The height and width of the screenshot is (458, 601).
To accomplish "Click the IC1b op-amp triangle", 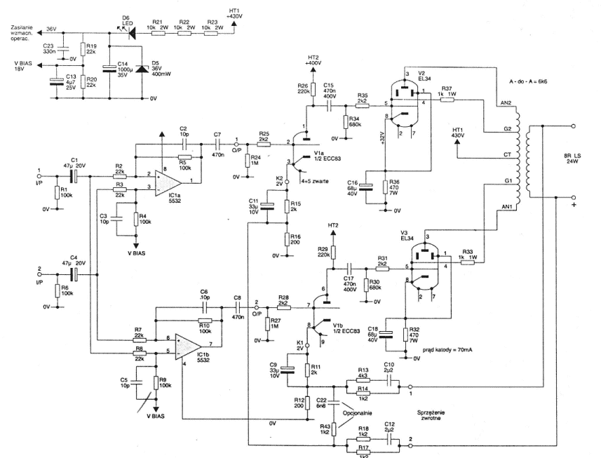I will click(189, 345).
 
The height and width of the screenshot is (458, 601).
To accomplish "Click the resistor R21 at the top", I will click(158, 32).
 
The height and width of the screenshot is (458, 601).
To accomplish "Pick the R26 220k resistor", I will click(306, 90).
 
